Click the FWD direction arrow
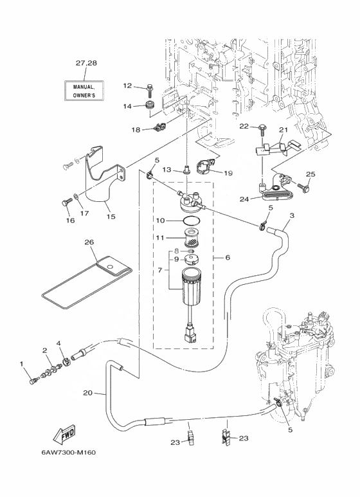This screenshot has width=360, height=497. coord(64,433)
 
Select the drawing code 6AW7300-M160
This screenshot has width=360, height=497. coord(68,452)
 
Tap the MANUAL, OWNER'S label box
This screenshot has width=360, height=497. coord(84,91)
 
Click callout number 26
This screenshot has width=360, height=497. coord(89,242)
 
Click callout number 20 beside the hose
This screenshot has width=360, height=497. coord(88,393)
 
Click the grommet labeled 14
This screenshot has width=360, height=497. coord(148,105)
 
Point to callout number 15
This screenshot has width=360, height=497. coord(111,217)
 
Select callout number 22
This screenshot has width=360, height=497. coord(244,126)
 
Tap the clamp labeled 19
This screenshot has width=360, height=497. coord(206,167)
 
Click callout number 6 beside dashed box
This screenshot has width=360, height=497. coord(228,258)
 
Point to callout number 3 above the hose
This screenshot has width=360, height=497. coord(292,215)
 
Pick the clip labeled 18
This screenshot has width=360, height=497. coord(159,127)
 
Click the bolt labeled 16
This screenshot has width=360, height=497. coord(65,203)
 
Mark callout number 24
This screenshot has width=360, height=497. coord(244,200)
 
